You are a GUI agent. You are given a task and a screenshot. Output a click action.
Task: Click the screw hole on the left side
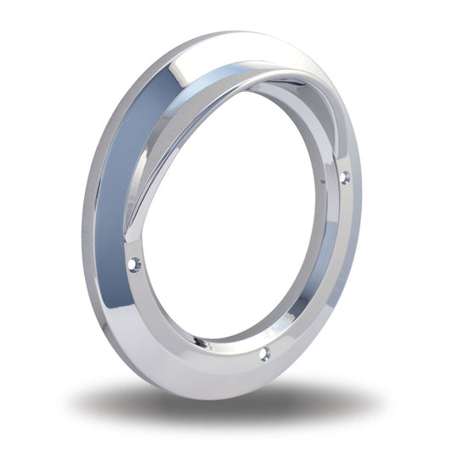[x=133, y=265]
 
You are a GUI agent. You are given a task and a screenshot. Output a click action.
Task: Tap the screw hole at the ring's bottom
[x=264, y=354]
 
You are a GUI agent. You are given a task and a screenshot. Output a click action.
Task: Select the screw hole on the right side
[x=344, y=178]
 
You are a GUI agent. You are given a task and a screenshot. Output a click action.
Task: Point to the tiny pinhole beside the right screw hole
[x=323, y=182]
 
